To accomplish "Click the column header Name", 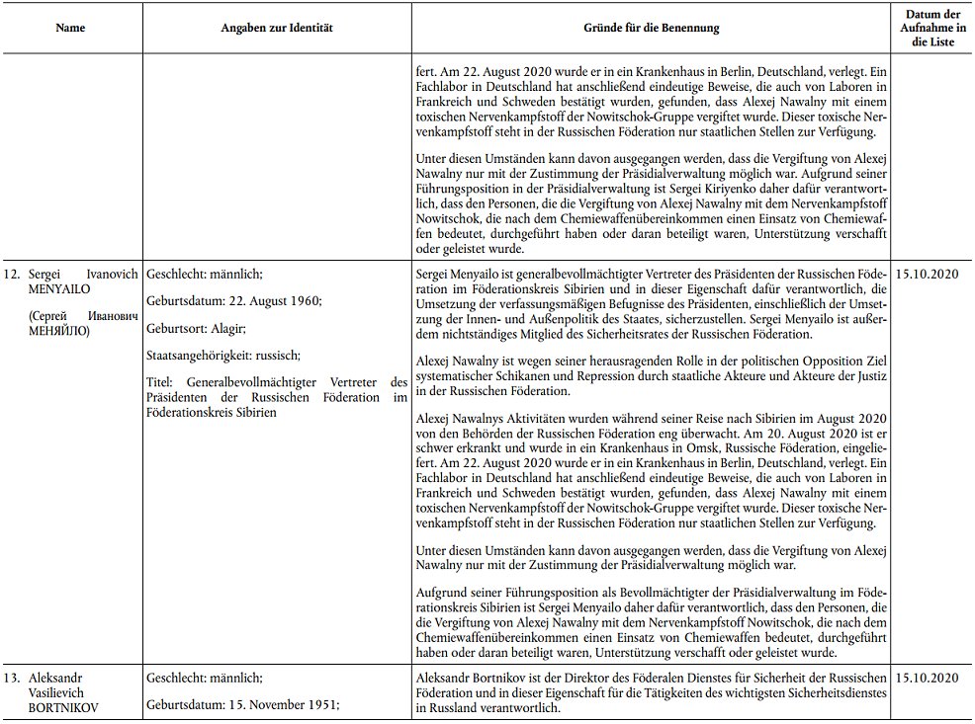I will [x=71, y=29].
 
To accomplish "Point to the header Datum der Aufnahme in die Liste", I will [x=931, y=29].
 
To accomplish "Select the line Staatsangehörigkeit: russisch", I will [x=222, y=355].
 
